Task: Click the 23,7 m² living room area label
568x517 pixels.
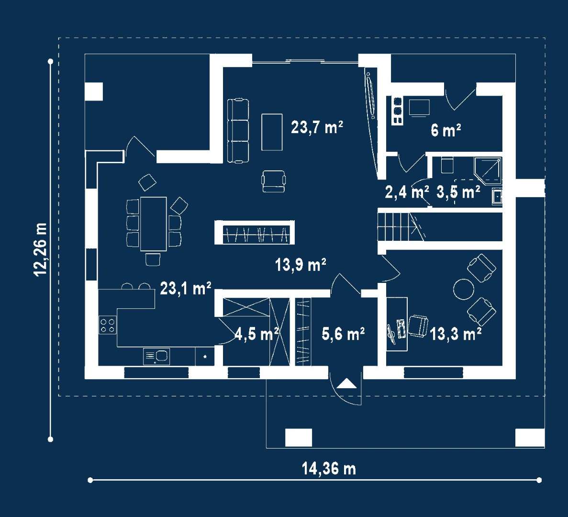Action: point(317,127)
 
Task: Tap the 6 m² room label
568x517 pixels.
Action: point(445,130)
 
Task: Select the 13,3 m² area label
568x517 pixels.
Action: point(456,334)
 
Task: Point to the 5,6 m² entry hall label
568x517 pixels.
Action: point(343,334)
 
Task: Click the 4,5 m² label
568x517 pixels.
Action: point(257,334)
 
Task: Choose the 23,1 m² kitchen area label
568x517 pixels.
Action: point(186,289)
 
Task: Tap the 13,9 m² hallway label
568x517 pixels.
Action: point(301,264)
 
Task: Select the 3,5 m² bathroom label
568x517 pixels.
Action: point(458,192)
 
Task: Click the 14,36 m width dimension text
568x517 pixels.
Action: point(329,469)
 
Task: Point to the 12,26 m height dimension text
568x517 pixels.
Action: point(40,249)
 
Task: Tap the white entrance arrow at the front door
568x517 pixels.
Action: point(346,383)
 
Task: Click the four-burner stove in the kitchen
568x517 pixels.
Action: point(108,325)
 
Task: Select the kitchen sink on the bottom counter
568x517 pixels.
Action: point(156,357)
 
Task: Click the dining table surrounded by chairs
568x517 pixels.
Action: point(153,224)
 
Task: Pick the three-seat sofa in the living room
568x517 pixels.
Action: point(238,130)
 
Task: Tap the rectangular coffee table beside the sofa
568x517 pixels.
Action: point(272,132)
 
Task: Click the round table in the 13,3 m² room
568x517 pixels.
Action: point(464,289)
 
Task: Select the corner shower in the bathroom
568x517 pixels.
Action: point(488,169)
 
